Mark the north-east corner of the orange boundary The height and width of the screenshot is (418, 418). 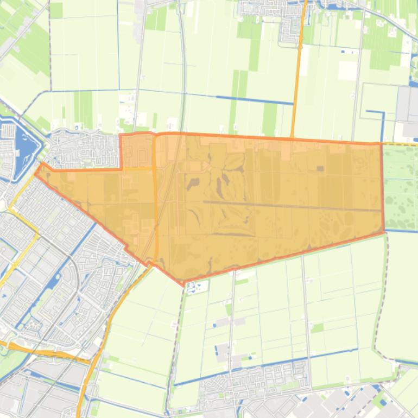click(382, 143)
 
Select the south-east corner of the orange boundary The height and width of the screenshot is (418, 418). click(384, 231)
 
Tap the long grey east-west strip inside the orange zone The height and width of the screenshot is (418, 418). click(293, 206)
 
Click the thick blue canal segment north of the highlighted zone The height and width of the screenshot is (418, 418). click(255, 100)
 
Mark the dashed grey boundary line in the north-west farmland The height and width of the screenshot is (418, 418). click(50, 49)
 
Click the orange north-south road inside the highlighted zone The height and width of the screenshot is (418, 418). click(155, 206)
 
